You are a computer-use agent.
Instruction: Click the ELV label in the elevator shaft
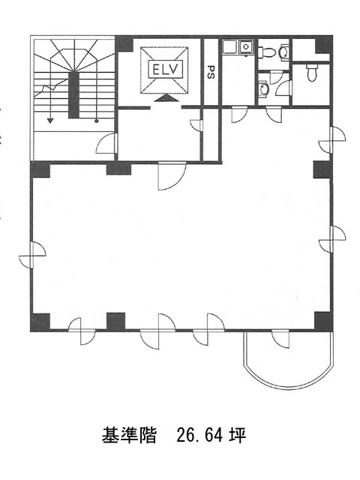164,70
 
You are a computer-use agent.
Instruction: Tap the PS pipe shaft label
210,72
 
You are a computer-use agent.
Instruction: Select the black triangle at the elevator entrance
165,98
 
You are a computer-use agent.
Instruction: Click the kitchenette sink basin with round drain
246,46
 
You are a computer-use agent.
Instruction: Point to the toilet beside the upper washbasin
266,52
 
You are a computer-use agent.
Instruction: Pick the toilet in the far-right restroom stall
312,73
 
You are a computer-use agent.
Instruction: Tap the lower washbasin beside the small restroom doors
263,88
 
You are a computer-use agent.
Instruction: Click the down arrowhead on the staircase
50,120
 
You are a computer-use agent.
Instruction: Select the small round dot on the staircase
97,121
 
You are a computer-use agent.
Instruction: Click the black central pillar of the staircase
73,95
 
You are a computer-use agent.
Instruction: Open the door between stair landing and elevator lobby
106,143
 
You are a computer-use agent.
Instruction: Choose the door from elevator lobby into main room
172,176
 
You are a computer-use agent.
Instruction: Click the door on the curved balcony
280,339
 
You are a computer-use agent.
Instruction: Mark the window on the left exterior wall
32,254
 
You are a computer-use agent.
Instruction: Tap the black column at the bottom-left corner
40,322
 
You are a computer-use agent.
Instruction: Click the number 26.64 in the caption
199,435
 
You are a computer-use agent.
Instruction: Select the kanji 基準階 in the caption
129,435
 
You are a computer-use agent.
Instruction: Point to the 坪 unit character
238,435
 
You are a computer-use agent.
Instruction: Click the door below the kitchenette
239,115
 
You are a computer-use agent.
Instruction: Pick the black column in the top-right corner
324,45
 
